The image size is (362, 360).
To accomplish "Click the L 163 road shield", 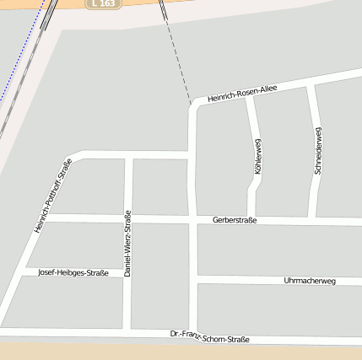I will click(x=104, y=3).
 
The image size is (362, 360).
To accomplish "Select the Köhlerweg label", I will click(x=257, y=156).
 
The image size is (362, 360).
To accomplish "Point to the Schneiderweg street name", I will click(x=317, y=150).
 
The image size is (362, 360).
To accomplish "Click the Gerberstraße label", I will click(x=235, y=220).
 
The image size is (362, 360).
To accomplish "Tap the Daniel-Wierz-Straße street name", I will click(x=127, y=244).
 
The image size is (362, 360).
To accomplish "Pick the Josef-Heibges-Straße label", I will click(x=73, y=272).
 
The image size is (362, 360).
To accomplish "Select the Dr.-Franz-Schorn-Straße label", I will click(x=209, y=337).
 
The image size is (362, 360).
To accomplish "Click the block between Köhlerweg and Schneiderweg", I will click(x=283, y=152).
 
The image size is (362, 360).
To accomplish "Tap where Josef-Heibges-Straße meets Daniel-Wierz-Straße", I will click(x=127, y=273).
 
